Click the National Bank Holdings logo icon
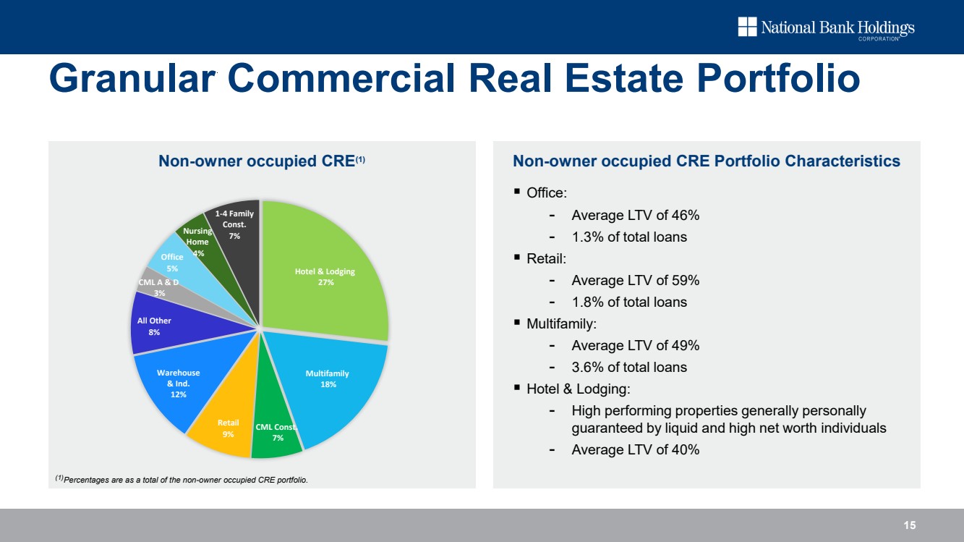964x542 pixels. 746,27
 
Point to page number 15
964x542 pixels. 909,525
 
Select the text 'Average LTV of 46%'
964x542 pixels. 635,216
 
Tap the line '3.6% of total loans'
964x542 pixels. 629,367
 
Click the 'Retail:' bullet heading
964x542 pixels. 546,258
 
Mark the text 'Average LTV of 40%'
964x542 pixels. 635,449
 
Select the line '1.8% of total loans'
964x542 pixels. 629,302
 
